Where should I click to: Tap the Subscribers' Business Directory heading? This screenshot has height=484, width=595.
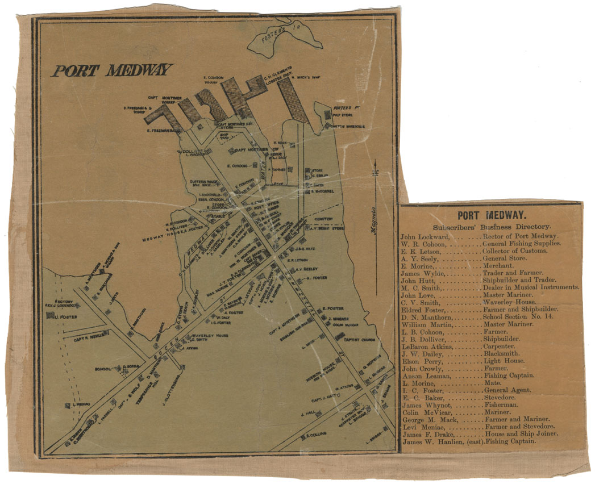click(x=492, y=226)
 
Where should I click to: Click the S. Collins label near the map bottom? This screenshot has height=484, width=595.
click(x=314, y=436)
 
